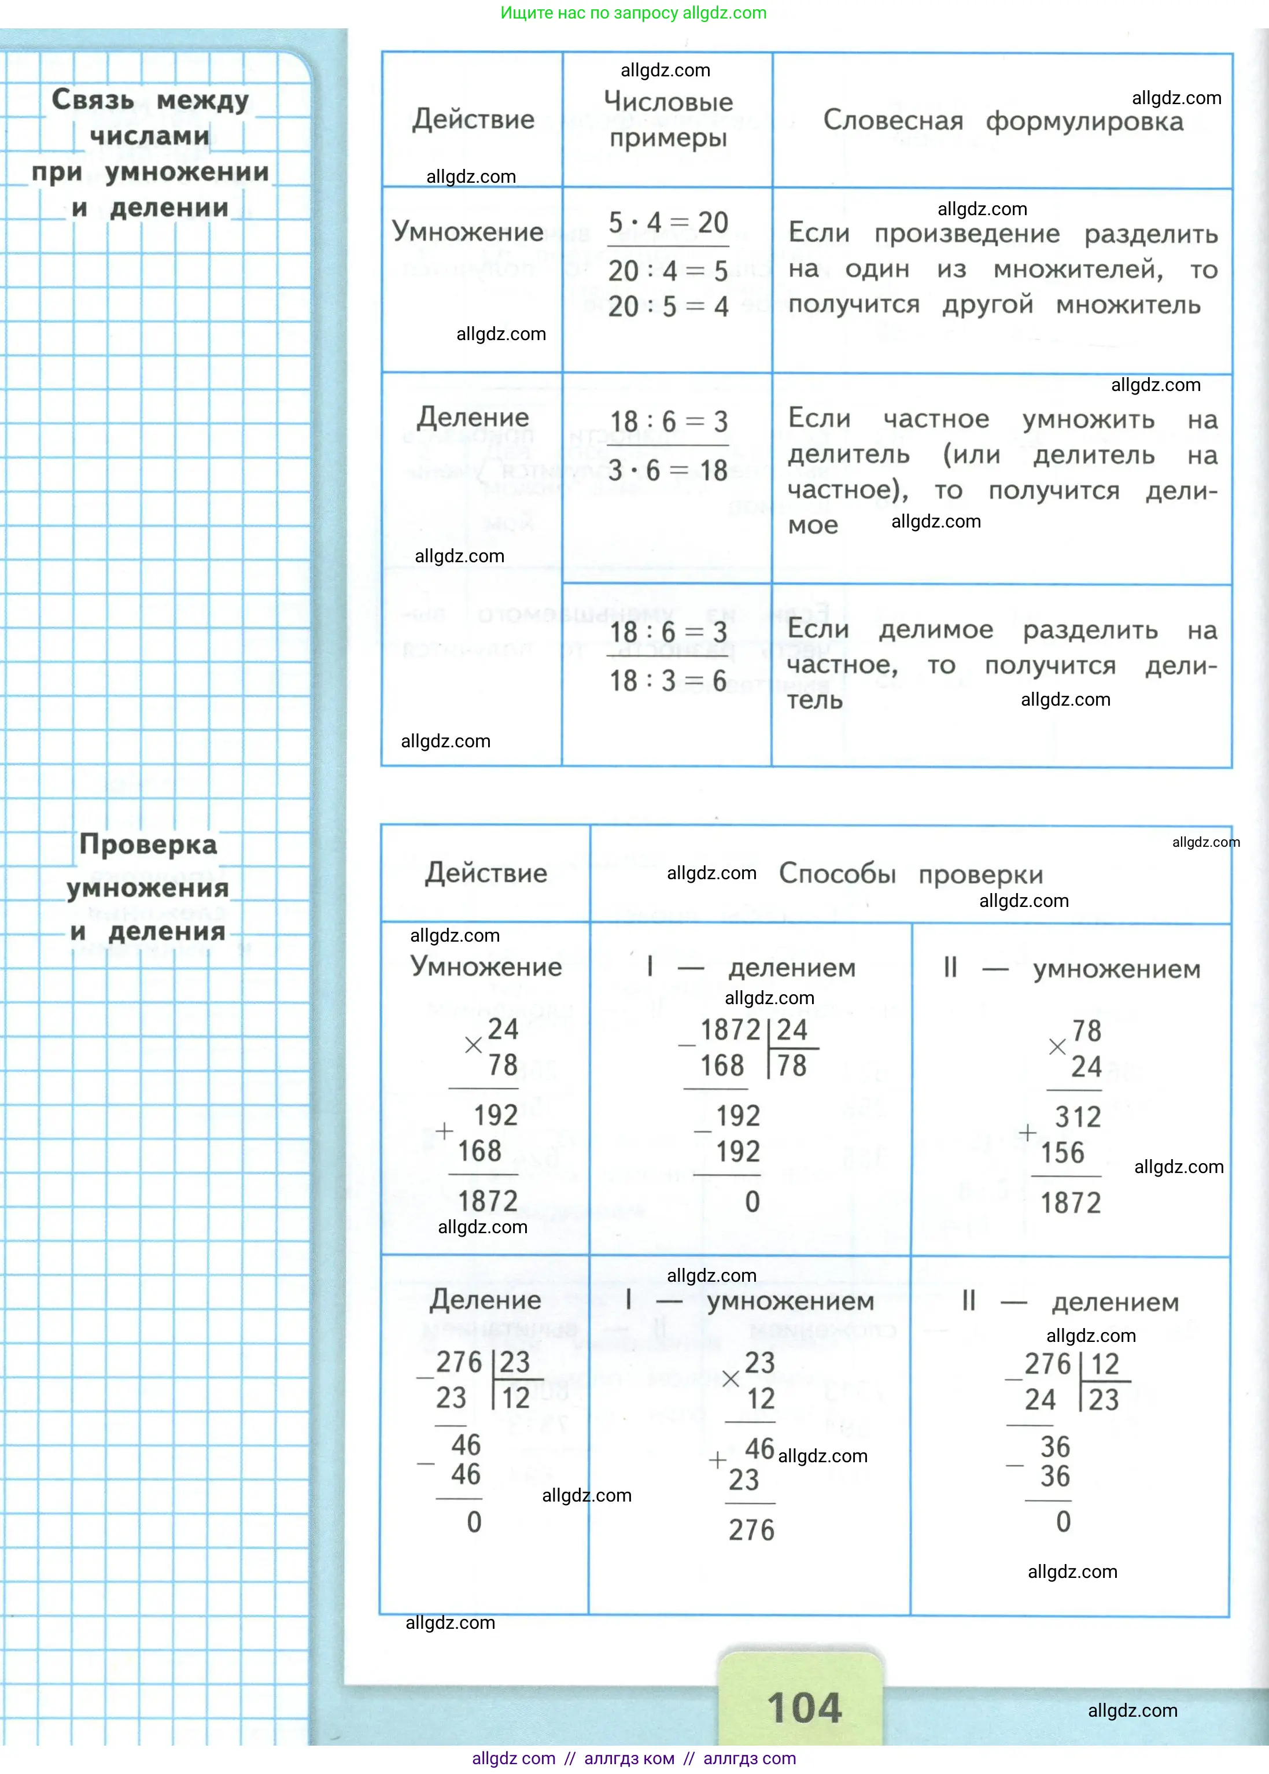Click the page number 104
pos(804,1707)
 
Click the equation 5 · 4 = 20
pos(668,223)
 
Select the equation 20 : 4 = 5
pos(668,271)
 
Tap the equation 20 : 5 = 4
pos(668,307)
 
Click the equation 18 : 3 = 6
pos(668,681)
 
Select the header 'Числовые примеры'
pos(668,120)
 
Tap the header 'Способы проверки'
pos(910,874)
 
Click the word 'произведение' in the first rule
pos(966,234)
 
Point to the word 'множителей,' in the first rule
pos(1078,270)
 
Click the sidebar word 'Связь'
pos(93,100)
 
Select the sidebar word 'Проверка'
pos(149,845)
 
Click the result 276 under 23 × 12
pos(751,1530)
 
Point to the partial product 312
pos(1078,1117)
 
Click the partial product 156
pos(1062,1153)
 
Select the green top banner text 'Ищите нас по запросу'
pos(589,13)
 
